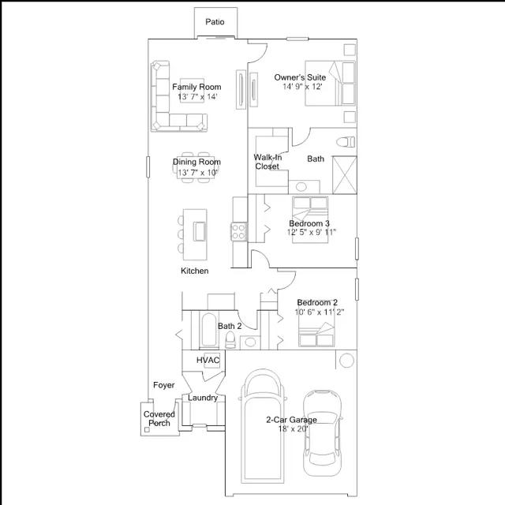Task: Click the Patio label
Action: (215, 22)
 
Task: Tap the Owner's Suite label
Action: (300, 77)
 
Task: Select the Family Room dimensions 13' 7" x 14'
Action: (197, 96)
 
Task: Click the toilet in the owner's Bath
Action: (346, 142)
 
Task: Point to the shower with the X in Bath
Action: (344, 175)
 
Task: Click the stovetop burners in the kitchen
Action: (238, 232)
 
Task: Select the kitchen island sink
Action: (200, 231)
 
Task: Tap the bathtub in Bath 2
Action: (208, 330)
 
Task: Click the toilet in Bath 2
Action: (230, 340)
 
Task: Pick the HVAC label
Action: (208, 360)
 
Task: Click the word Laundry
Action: (203, 398)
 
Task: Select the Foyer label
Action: (163, 385)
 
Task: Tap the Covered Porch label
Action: (159, 419)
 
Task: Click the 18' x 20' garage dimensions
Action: (293, 428)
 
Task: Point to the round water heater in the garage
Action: (346, 361)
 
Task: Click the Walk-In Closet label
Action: (267, 162)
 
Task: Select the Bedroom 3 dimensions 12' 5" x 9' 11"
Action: (312, 232)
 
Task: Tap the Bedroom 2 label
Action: (317, 303)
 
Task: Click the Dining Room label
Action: (196, 162)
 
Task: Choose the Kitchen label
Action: (195, 271)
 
